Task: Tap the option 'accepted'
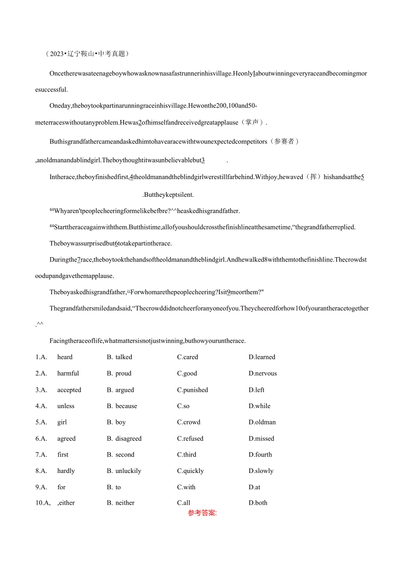69,390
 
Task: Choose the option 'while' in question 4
263,406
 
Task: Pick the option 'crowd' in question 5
191,422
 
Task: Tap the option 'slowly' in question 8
264,471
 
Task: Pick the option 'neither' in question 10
124,503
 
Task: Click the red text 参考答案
202,513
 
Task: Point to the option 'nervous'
265,373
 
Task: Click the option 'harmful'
68,373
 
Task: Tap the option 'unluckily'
128,471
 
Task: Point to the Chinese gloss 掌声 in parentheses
252,122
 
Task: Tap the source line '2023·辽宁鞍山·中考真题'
88,54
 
